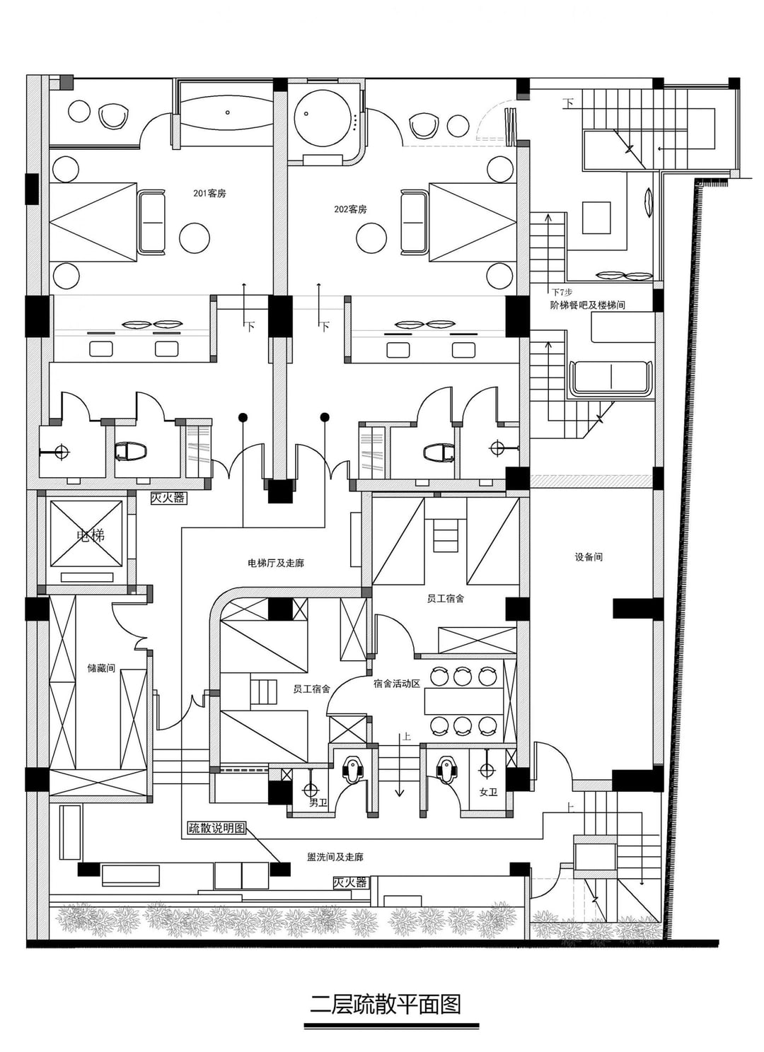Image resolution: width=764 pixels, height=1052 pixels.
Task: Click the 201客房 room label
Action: pos(209,194)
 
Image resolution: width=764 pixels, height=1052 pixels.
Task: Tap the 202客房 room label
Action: pos(350,209)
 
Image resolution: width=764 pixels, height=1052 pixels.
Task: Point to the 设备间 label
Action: pos(589,557)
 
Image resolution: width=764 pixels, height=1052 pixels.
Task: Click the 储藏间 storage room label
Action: pos(101,668)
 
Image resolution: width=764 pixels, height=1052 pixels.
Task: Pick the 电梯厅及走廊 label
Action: pos(276,563)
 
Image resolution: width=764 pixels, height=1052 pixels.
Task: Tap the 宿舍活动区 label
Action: pos(397,684)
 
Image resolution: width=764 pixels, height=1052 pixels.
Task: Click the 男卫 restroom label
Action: pos(318,802)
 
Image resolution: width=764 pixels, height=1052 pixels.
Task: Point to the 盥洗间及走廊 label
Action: pos(335,857)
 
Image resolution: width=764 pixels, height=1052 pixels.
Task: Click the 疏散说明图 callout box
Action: pos(216,829)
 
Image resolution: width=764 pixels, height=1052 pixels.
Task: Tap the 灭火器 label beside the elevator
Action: pos(168,498)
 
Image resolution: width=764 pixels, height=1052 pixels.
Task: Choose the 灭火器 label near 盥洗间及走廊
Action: pos(350,882)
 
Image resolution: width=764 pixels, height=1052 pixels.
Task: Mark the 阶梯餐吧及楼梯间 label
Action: pos(587,305)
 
